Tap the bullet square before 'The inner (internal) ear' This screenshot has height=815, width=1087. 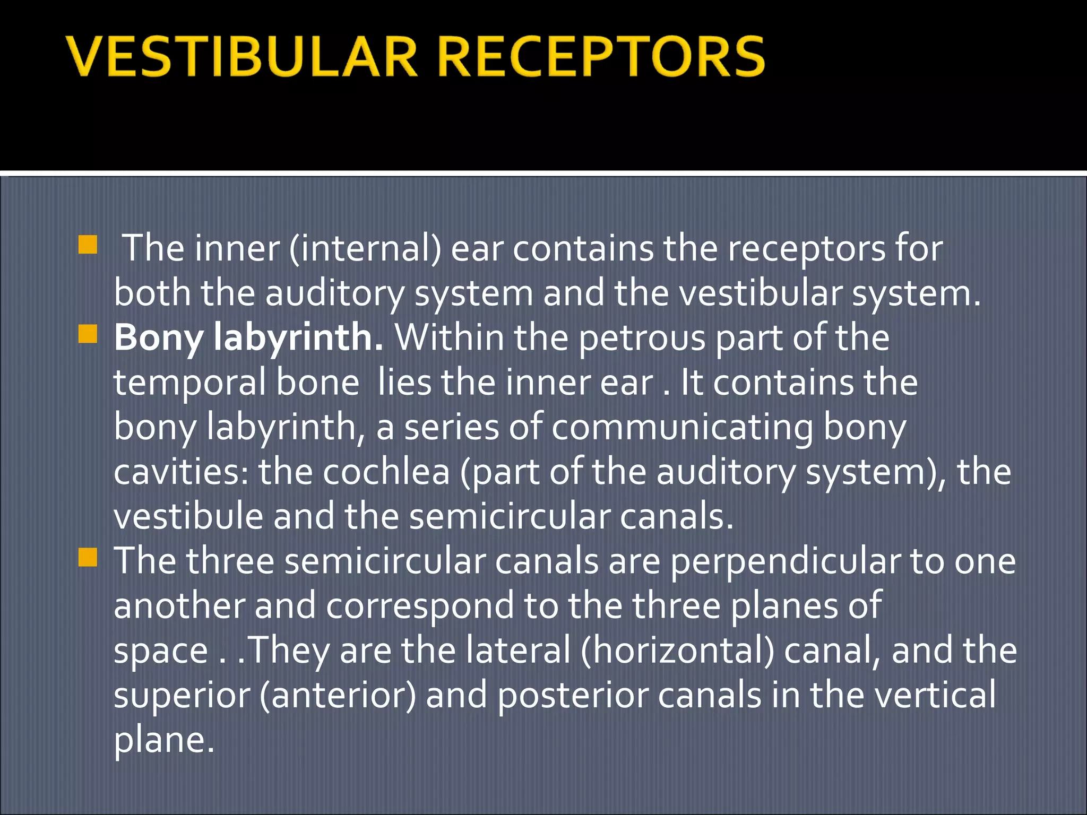[x=88, y=245]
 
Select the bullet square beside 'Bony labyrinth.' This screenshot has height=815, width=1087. [x=88, y=334]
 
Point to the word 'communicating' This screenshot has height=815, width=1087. [x=682, y=427]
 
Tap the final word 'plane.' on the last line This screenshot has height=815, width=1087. [x=164, y=740]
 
